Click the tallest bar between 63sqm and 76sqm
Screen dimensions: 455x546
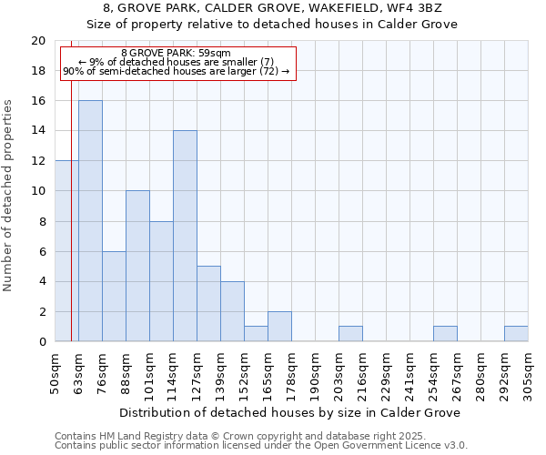pos(90,221)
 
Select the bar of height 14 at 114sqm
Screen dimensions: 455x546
pos(185,236)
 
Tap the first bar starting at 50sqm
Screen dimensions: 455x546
pos(66,251)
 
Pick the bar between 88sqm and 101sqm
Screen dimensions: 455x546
pos(137,266)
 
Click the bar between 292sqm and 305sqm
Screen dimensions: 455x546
pos(516,334)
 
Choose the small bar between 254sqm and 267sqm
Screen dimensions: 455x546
pos(445,334)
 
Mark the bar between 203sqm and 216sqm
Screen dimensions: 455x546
pos(350,334)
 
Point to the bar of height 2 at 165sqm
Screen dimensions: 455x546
pos(279,327)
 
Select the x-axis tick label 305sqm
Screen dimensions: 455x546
pos(528,372)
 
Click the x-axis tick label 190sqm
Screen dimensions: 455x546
pos(315,372)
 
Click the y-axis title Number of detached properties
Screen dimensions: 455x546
pos(9,195)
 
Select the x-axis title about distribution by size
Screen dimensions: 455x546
pos(290,412)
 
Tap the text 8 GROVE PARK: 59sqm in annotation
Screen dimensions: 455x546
pos(176,54)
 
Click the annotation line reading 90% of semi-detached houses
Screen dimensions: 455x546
pos(176,72)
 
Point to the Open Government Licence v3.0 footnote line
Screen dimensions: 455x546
pos(261,446)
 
